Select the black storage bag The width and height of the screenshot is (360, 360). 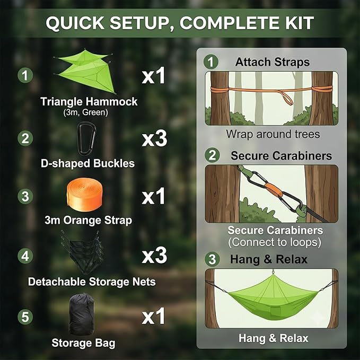[x=82, y=314]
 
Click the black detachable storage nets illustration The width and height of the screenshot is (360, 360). [x=82, y=252]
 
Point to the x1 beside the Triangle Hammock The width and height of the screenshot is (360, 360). [x=153, y=75]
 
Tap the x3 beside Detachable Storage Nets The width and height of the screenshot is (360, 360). [x=154, y=255]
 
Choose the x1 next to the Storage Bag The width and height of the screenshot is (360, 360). [x=153, y=316]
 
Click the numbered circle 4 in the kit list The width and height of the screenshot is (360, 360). [x=25, y=256]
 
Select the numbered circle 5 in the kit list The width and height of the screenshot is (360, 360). [x=25, y=317]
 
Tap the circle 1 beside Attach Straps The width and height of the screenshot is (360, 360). [x=211, y=62]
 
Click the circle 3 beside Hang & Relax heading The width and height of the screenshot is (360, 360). [x=212, y=259]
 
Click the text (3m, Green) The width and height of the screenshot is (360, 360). [x=86, y=112]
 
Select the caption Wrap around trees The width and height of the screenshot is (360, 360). [x=273, y=134]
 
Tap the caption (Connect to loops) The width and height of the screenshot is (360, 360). [x=275, y=242]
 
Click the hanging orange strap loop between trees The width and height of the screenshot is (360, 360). [x=286, y=97]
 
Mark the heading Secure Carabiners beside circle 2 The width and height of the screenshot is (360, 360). [x=281, y=156]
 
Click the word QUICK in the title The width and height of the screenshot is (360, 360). [x=75, y=23]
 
